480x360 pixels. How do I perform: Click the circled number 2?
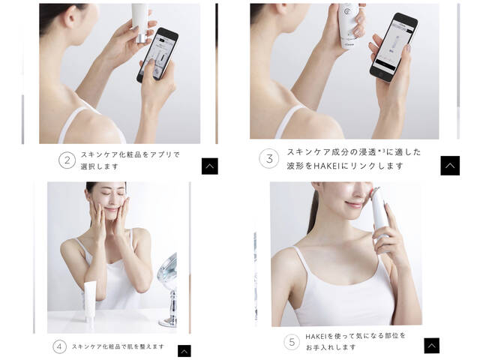click(x=67, y=160)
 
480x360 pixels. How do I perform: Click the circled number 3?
click(x=269, y=158)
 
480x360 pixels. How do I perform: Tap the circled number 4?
click(x=59, y=346)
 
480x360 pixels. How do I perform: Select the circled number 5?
click(x=292, y=342)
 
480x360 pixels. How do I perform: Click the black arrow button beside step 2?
click(x=210, y=166)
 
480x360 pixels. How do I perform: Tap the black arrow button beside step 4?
click(x=184, y=351)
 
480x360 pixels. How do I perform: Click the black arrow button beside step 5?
click(x=432, y=346)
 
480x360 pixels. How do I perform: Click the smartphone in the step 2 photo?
click(x=157, y=55)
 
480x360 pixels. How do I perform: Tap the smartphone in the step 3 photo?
click(x=393, y=47)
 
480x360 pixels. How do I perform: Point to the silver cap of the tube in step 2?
click(x=142, y=38)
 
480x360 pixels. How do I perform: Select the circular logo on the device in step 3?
click(x=346, y=11)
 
